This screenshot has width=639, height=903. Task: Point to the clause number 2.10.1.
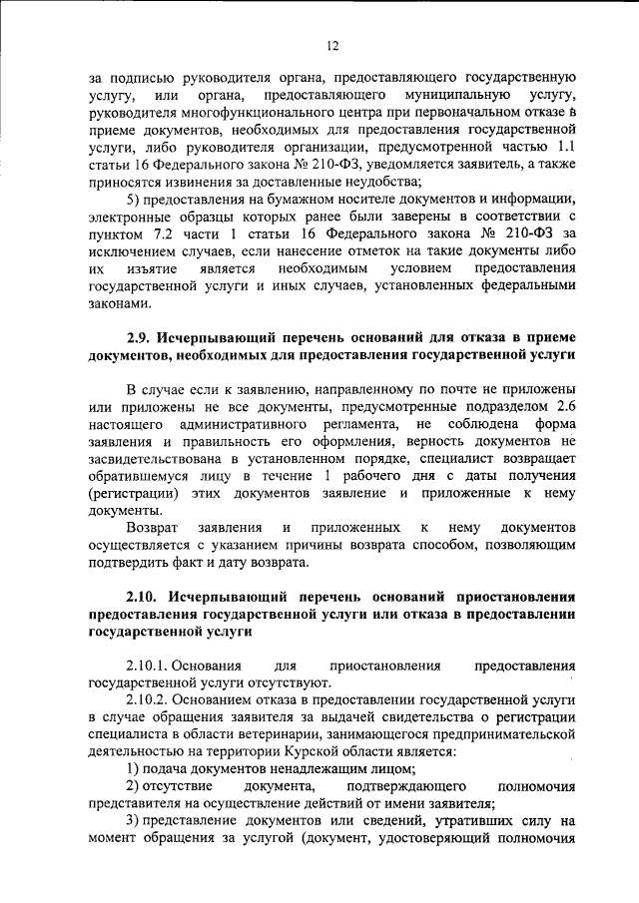(153, 666)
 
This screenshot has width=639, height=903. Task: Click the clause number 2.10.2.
(153, 701)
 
